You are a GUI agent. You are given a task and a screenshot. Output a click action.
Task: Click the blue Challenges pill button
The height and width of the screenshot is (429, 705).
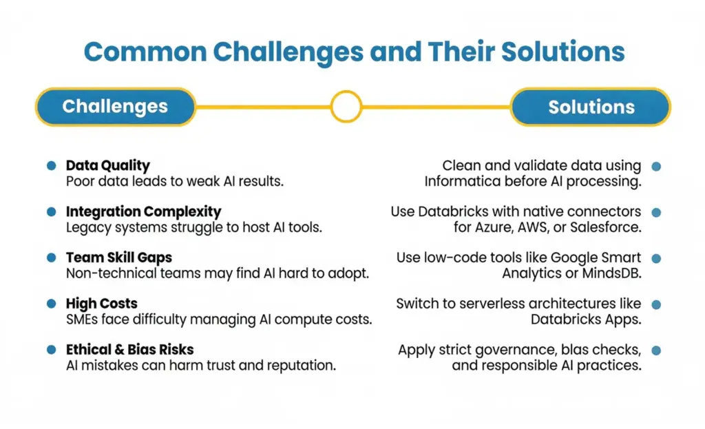coord(115,107)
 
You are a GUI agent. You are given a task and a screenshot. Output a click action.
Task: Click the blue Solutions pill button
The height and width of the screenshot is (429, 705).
coord(591,107)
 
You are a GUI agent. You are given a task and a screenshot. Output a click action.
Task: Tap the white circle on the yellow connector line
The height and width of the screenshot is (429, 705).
coord(346,107)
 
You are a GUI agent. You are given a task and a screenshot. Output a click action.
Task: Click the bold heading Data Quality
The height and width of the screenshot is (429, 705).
coord(107,165)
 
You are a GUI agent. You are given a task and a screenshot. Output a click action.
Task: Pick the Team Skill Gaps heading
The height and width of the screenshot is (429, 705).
coord(118,258)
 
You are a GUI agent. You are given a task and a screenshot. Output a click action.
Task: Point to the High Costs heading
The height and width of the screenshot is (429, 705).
coord(101,304)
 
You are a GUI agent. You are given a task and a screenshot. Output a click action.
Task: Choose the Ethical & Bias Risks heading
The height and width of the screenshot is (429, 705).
coord(129,350)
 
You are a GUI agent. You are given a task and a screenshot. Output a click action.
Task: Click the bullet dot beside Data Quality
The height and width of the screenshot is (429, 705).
coord(51,166)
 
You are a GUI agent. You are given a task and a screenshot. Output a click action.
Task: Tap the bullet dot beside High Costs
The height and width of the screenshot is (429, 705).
coord(51,304)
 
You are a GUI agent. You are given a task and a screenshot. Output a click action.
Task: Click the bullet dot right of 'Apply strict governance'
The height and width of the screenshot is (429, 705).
coord(656,350)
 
